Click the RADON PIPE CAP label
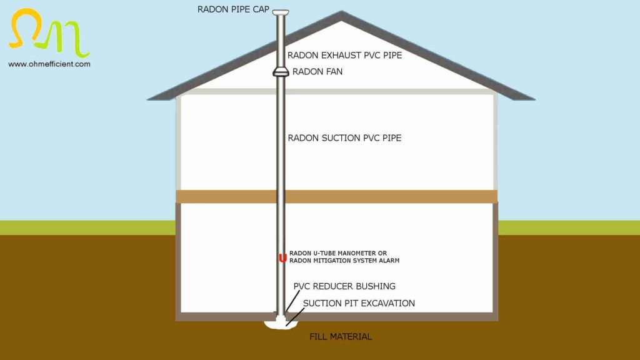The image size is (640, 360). (233, 9)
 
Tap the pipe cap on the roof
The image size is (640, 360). (281, 12)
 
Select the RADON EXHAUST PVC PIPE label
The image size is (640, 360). (344, 55)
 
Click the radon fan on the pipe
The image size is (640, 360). (281, 72)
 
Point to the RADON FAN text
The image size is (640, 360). (317, 72)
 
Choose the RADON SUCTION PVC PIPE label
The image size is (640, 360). (344, 137)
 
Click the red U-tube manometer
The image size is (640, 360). (282, 257)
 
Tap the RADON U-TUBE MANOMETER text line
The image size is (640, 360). (338, 253)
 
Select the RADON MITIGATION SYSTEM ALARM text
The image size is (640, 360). (344, 260)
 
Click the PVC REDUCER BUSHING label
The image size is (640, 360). (344, 286)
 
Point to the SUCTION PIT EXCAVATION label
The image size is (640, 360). (359, 304)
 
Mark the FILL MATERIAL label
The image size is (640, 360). (341, 337)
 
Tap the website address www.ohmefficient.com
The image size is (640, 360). (49, 64)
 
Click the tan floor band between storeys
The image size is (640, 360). (387, 196)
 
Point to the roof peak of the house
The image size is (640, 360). (341, 13)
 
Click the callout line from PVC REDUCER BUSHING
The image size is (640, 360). (290, 301)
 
